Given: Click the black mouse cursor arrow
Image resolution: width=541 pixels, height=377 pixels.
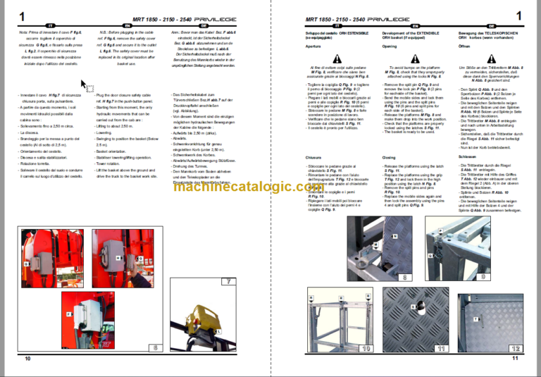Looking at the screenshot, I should [85, 85].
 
